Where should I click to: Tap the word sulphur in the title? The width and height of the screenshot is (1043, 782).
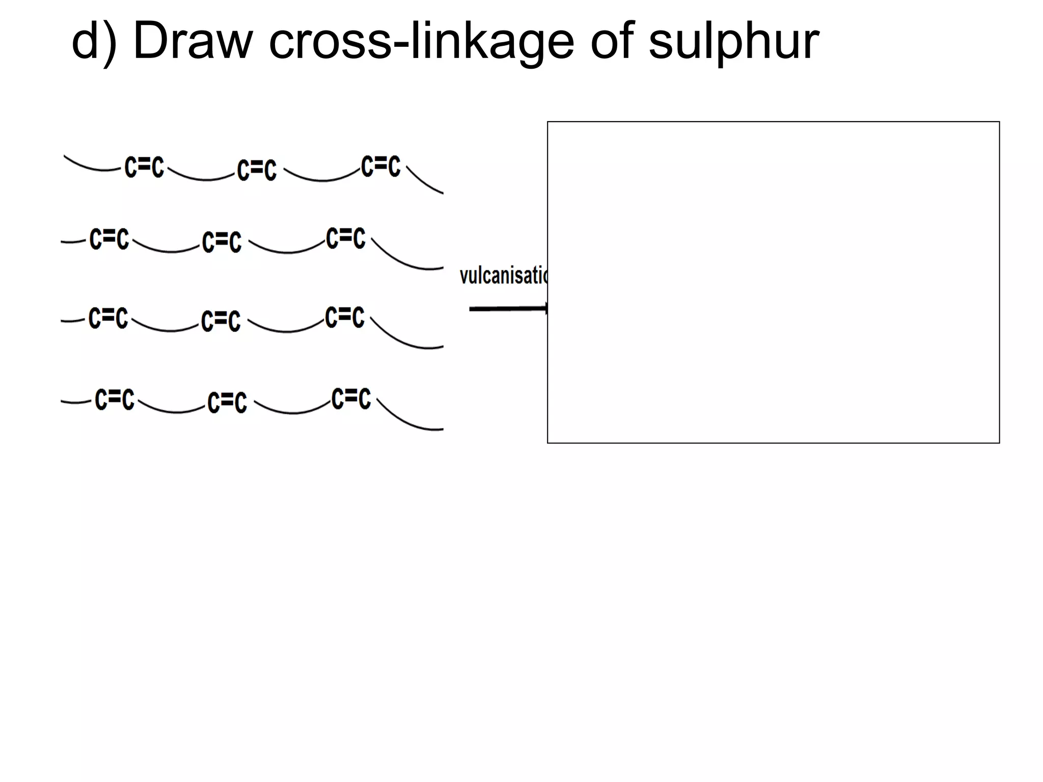pos(733,43)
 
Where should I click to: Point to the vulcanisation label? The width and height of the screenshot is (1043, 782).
pos(503,275)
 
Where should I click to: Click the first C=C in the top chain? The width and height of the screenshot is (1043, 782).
pos(145,167)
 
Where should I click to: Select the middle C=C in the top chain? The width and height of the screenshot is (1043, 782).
pos(257,170)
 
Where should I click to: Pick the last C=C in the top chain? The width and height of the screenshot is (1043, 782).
pos(381,166)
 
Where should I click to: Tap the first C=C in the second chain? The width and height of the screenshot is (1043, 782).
pos(109,239)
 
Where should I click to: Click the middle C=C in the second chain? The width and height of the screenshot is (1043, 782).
pos(222,242)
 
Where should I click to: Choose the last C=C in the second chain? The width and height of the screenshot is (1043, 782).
pos(346,238)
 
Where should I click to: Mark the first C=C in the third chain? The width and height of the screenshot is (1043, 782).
pos(108,318)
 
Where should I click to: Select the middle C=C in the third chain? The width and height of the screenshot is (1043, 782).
pos(221,321)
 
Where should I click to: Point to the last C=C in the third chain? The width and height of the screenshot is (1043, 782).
pos(345,317)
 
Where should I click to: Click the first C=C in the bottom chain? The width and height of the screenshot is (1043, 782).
pos(115,399)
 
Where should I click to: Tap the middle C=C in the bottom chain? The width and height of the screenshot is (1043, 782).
pos(227,402)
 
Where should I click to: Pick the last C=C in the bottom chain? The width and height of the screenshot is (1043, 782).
pos(351,398)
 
